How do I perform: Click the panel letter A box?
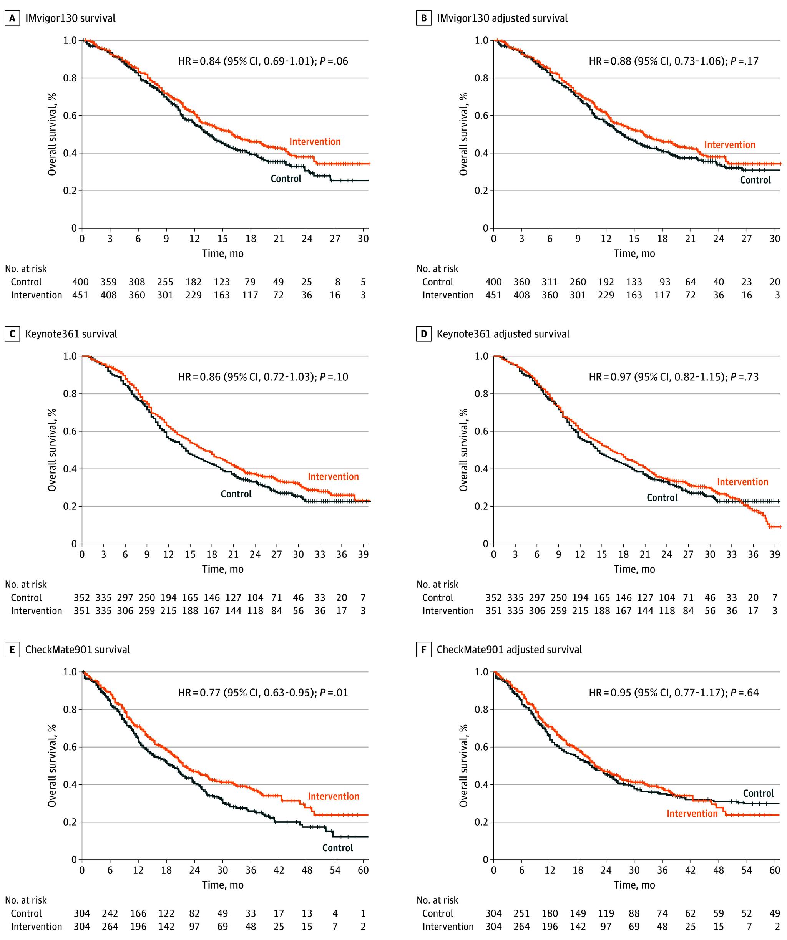12,18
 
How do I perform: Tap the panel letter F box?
423,650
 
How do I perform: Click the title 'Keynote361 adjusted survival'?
503,334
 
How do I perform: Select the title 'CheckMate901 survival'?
78,650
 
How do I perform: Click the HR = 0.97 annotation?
673,377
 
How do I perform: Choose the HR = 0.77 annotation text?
263,693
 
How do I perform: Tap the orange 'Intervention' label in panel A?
315,142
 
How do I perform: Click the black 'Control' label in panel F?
758,793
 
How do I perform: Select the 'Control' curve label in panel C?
236,494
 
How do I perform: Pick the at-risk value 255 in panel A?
165,282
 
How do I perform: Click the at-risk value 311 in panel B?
550,282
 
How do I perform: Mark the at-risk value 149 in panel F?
578,913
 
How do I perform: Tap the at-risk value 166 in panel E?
138,913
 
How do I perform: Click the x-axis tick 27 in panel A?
335,239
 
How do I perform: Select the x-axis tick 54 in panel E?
335,870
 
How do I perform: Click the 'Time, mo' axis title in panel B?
634,254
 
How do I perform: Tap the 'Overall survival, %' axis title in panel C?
52,450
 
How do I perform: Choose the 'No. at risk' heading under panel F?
437,900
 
